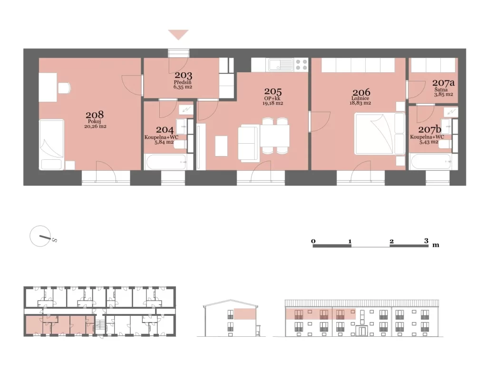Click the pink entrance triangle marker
coord(178,34)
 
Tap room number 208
coord(95,115)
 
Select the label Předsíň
coord(183,82)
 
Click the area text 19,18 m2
coord(273,103)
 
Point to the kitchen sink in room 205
coord(281,65)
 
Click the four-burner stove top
coord(301,65)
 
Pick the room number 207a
coord(443,83)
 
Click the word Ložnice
coord(360,98)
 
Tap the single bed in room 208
coord(52,145)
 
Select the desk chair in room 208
coord(65,88)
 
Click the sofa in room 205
coord(248,143)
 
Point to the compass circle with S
coord(40,236)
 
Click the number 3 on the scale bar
coord(426,241)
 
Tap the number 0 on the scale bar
coord(313,241)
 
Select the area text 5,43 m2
coord(429,142)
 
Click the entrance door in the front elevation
coord(362,331)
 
